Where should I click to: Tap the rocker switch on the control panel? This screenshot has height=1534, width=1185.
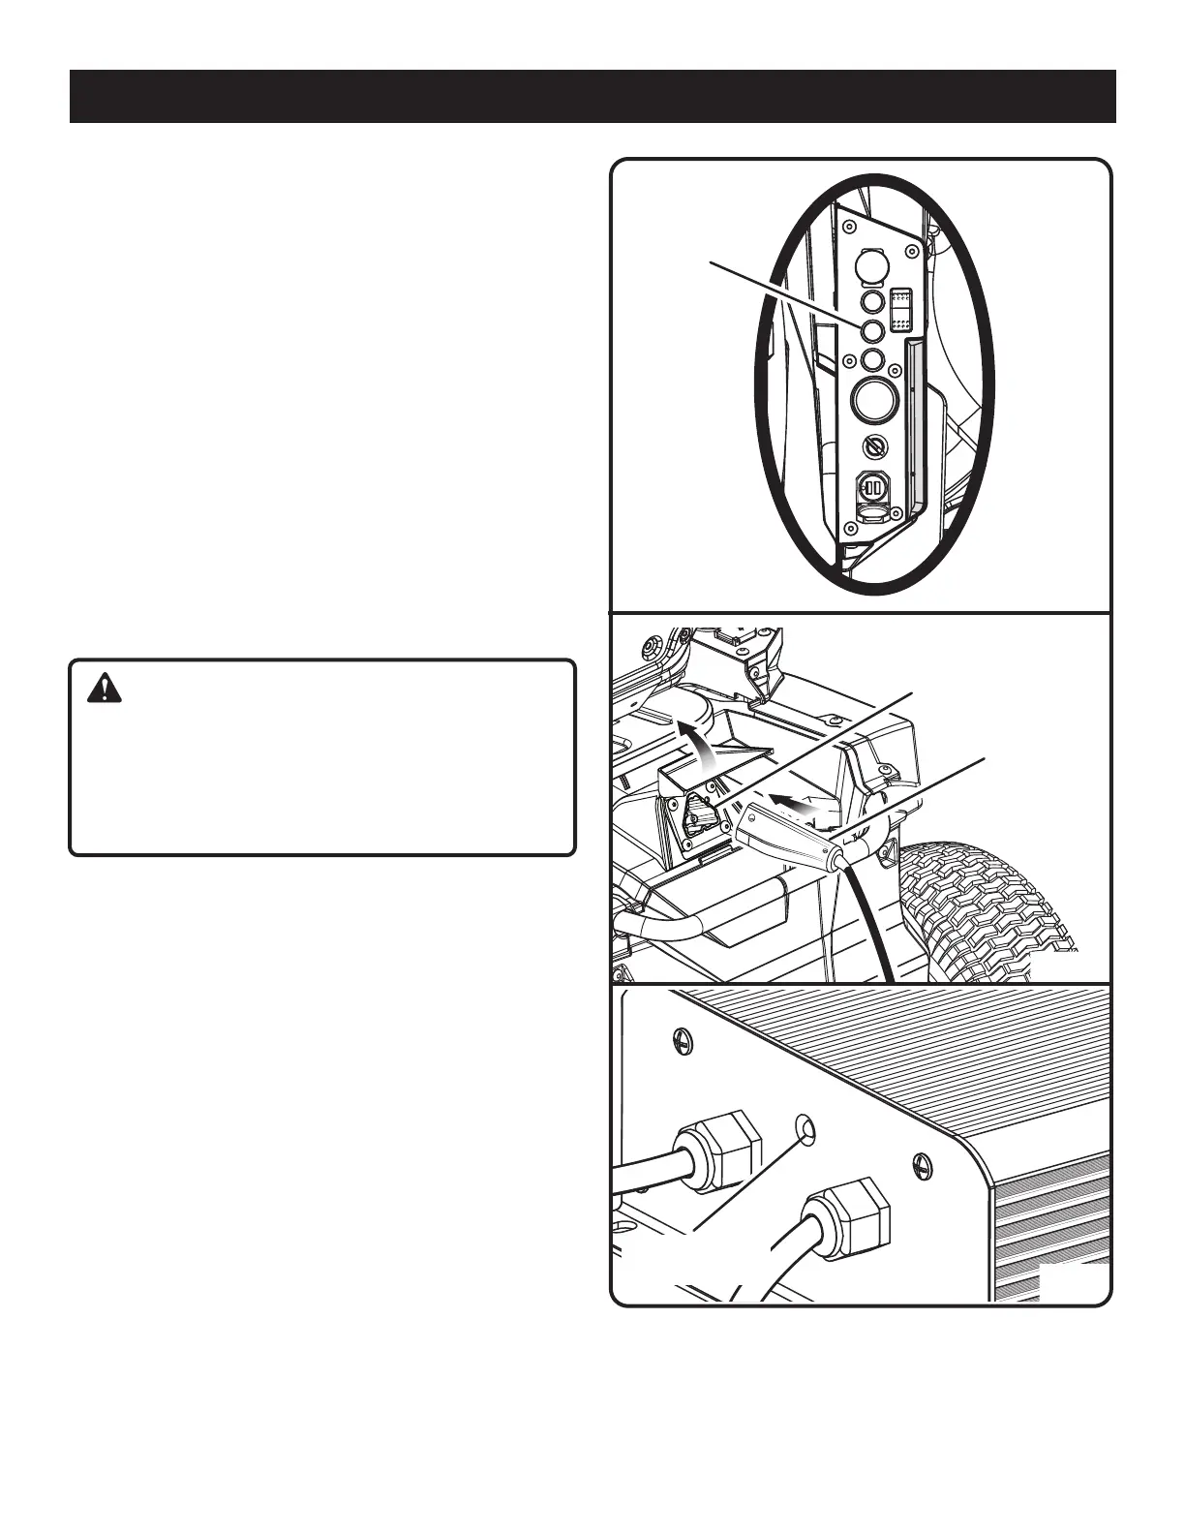[900, 309]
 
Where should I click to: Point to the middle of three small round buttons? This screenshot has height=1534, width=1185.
[872, 331]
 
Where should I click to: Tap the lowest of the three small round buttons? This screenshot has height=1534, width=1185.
[873, 360]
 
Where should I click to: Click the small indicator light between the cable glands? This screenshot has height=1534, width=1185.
[804, 1127]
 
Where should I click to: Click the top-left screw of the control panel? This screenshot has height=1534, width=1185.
[847, 230]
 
